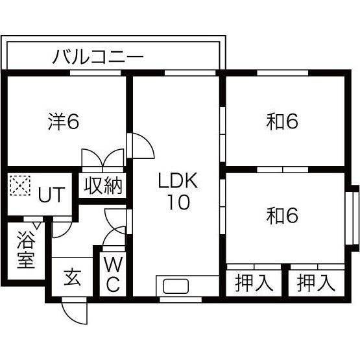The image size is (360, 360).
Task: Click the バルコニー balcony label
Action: [98, 56]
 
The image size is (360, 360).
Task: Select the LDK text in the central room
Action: [178, 180]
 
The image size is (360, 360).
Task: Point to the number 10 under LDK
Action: [179, 202]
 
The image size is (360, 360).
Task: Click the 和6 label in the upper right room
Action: [282, 121]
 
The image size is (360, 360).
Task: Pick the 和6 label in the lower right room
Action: [282, 215]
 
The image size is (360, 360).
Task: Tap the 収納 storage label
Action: [103, 186]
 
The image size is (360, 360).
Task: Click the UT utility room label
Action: [52, 195]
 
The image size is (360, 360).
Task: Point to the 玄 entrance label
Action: [72, 278]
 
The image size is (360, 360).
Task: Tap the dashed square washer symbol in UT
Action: [20, 186]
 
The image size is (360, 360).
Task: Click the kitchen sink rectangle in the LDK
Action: [176, 286]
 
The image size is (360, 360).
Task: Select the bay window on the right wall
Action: [352, 218]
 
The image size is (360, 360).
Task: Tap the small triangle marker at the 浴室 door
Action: [37, 225]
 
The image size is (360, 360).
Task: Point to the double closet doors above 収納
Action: [103, 158]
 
